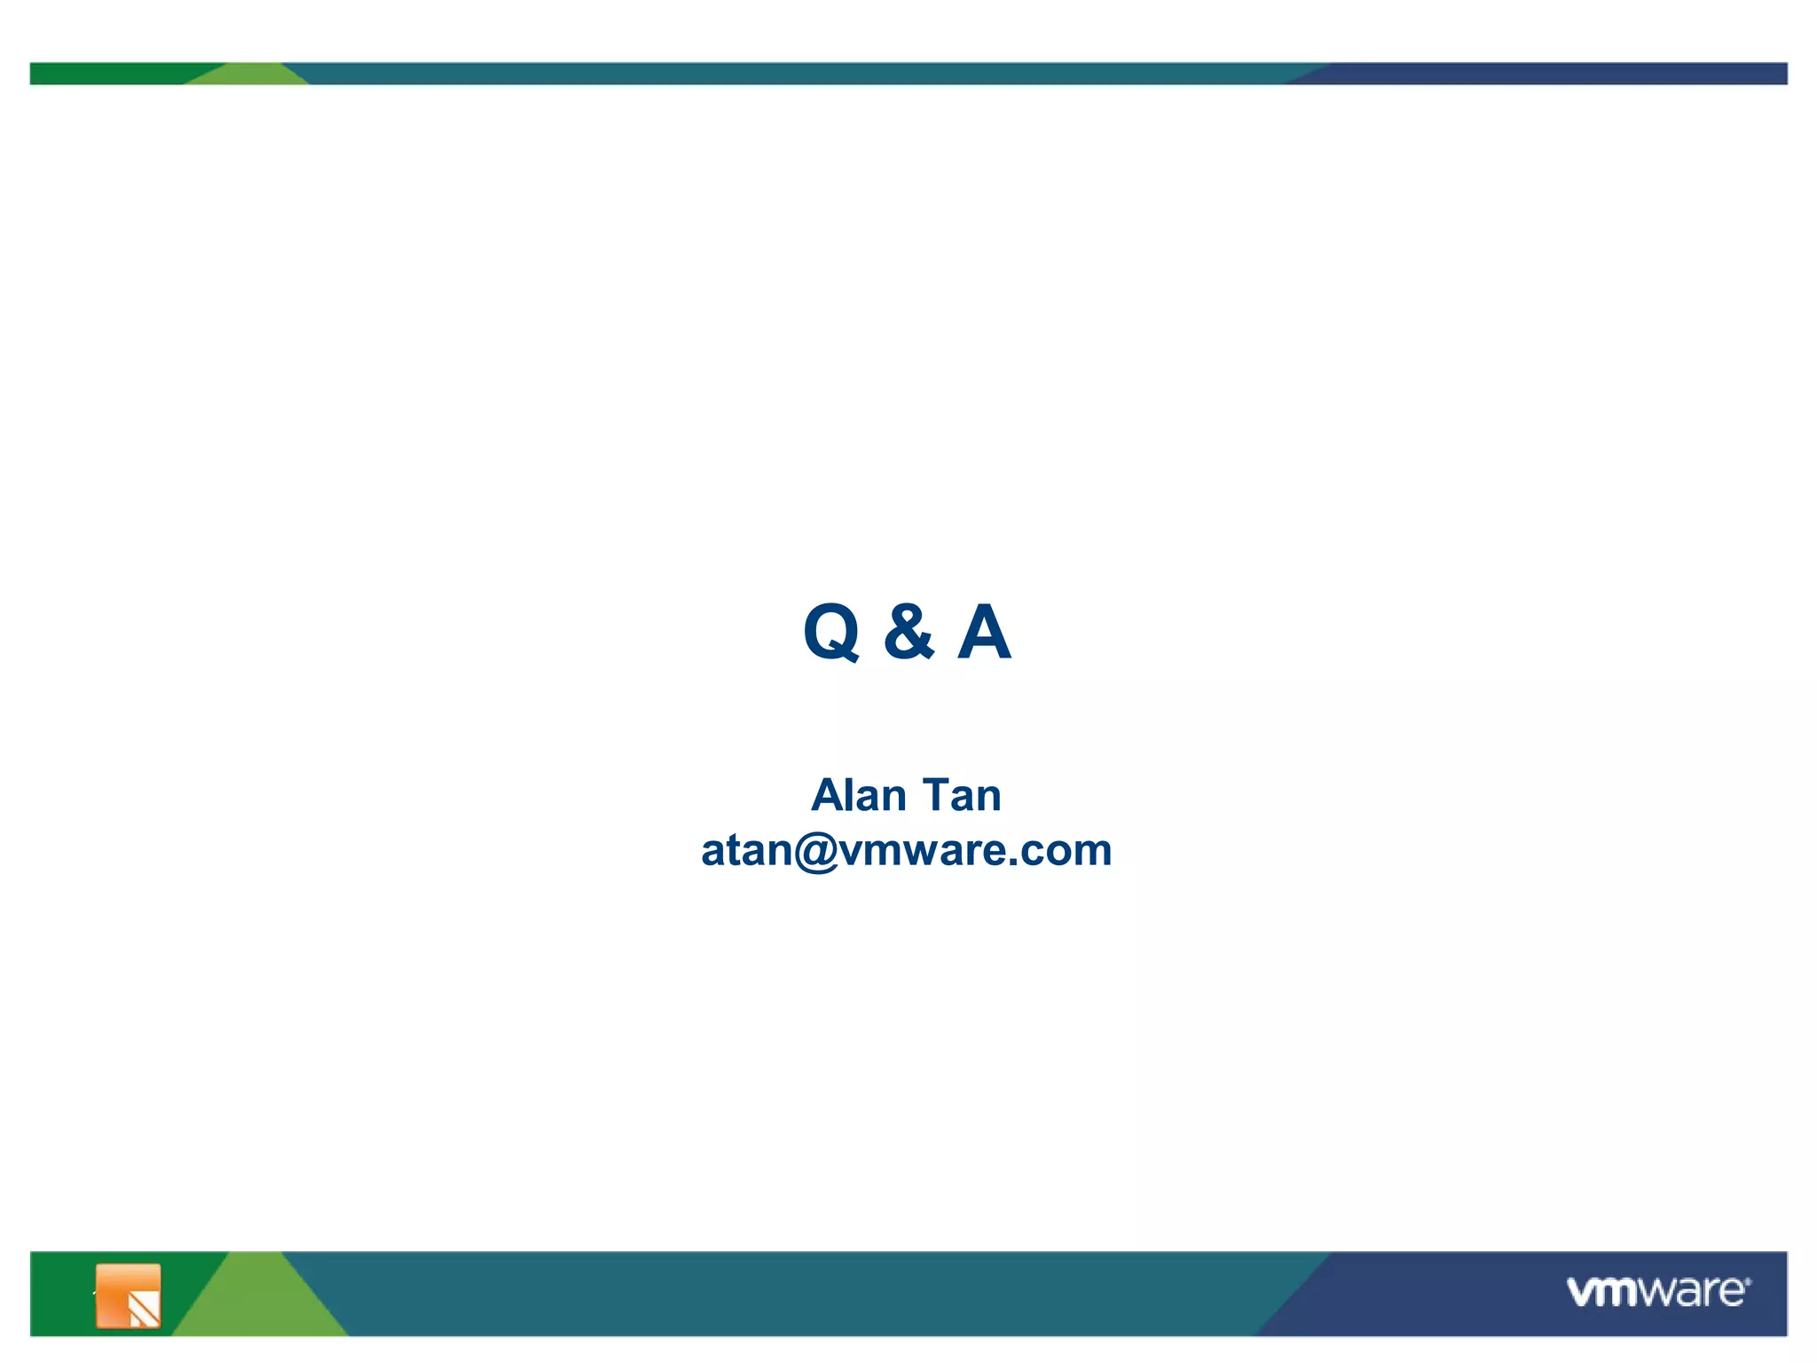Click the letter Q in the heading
point(831,632)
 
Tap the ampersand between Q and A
point(908,632)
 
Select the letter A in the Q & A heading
point(984,632)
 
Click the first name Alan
point(858,795)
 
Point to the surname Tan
point(962,795)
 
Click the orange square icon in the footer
point(128,1296)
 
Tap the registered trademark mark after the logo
point(1748,1281)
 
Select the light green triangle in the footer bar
point(257,1304)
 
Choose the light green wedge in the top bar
point(248,75)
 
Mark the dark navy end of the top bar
point(1553,74)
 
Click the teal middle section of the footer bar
point(798,1294)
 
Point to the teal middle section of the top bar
point(798,74)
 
